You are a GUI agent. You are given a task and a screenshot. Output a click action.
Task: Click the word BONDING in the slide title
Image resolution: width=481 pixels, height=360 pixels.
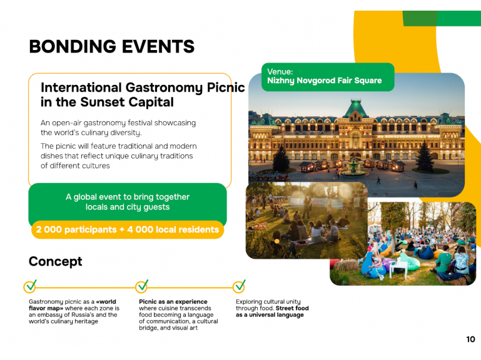click(73, 47)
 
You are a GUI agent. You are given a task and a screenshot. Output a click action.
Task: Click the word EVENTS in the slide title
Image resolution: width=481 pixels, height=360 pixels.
click(158, 47)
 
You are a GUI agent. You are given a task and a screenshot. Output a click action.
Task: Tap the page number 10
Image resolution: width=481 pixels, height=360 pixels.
click(470, 339)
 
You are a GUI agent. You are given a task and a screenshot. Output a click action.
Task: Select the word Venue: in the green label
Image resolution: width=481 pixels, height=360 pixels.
click(280, 72)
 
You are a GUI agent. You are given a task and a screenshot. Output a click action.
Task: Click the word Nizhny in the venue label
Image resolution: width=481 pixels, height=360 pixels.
click(280, 81)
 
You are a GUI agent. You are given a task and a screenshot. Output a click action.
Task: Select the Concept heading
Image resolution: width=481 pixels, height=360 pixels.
click(56, 261)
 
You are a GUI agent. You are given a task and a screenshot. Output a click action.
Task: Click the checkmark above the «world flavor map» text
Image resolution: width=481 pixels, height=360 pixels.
click(30, 286)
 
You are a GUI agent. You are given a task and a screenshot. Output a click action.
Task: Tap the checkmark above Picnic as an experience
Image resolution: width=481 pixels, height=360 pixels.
click(142, 286)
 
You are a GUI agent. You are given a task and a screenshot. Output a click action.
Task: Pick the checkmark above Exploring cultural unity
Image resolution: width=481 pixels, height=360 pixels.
click(239, 286)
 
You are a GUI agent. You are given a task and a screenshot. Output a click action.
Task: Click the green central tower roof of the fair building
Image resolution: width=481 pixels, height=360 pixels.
click(356, 108)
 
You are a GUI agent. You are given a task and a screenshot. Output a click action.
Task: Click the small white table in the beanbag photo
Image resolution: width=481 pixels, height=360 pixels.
click(398, 269)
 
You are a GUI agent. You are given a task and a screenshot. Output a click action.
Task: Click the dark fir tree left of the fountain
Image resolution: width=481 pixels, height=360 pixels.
click(281, 158)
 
